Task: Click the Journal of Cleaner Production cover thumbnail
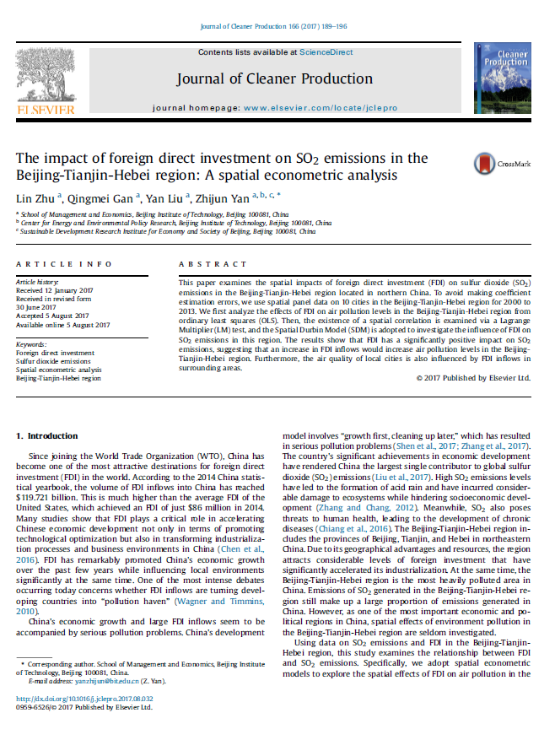(502, 77)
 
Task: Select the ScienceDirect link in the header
(328, 52)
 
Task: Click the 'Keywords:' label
(32, 345)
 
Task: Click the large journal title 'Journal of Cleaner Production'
(274, 79)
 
